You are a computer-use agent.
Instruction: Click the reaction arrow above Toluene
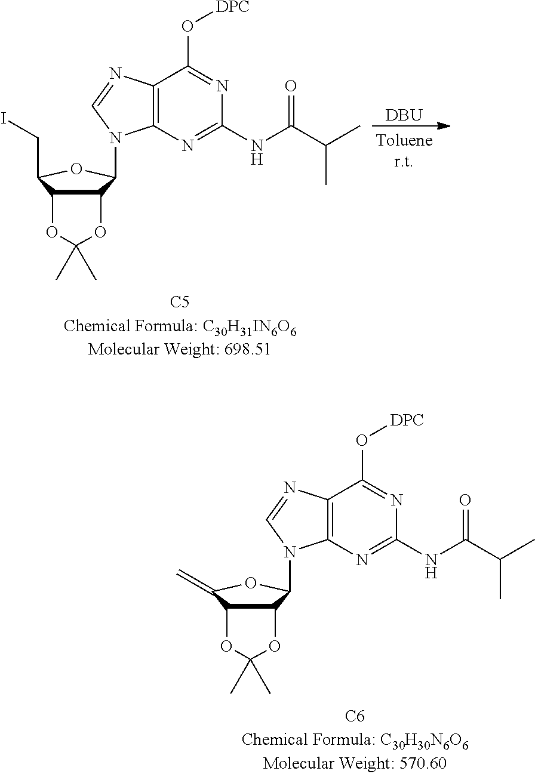[411, 125]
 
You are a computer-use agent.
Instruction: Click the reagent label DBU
[404, 115]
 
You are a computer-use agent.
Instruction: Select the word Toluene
[404, 140]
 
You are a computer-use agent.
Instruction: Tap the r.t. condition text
[403, 162]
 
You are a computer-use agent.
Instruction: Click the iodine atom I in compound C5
[4, 118]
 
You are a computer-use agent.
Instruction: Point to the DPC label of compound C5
[232, 6]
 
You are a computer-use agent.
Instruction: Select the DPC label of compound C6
[407, 420]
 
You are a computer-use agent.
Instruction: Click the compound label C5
[180, 301]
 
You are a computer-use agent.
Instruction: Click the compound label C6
[355, 716]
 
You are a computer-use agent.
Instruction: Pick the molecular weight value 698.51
[247, 349]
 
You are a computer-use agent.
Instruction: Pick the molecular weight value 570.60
[423, 763]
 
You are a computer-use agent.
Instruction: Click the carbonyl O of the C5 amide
[291, 87]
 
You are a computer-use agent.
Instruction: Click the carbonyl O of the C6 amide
[465, 500]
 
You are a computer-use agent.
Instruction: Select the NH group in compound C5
[256, 152]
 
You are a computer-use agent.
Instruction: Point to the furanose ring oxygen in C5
[76, 169]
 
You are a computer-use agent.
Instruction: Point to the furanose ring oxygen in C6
[251, 582]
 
